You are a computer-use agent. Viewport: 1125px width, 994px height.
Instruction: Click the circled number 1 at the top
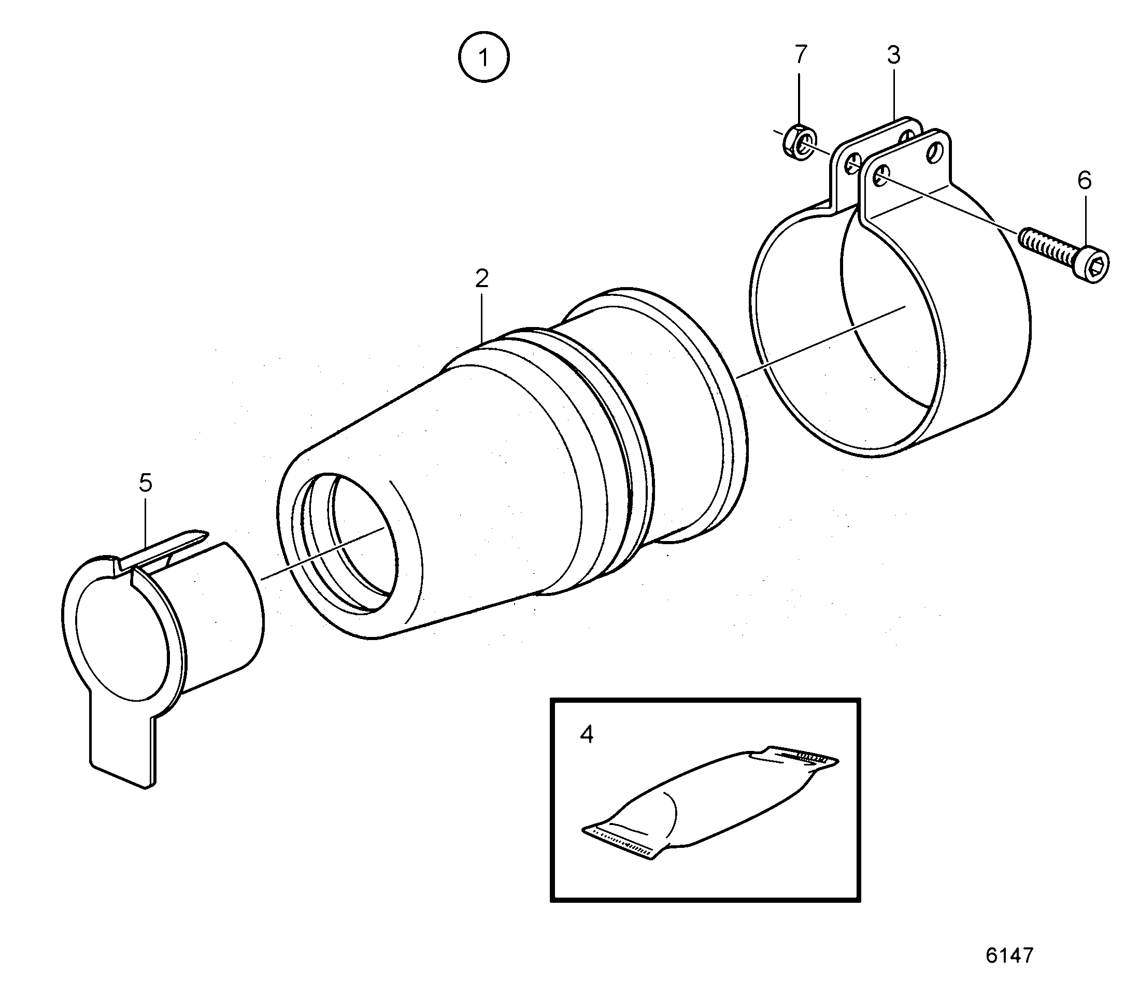(x=484, y=57)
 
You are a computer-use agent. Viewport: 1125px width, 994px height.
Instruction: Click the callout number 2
(x=481, y=279)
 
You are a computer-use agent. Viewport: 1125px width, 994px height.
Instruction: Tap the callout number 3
(x=894, y=55)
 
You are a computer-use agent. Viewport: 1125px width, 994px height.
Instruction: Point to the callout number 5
(x=145, y=482)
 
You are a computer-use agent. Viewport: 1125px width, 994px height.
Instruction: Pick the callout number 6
(x=1084, y=180)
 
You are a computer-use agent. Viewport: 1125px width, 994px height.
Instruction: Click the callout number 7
(x=801, y=54)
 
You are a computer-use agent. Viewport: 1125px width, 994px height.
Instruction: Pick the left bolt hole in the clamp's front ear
(x=880, y=175)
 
